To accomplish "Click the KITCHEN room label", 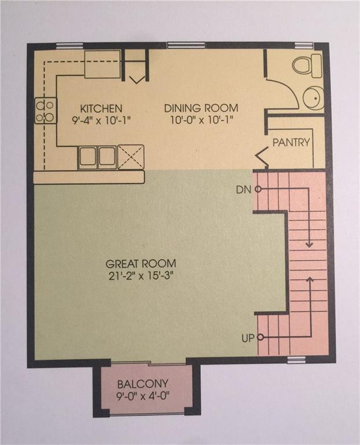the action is point(101,108).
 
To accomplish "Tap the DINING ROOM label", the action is point(201,108).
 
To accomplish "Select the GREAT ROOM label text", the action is point(141,264).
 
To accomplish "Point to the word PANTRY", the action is point(291,142).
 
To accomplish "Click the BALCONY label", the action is point(143,384).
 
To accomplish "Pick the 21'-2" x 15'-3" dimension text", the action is point(141,276).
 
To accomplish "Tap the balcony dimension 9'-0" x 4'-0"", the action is point(143,396).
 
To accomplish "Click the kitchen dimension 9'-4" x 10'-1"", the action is point(101,121).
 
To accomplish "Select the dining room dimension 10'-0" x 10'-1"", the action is point(201,121).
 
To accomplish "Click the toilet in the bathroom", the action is point(307,66).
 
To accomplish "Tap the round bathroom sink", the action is point(314,98).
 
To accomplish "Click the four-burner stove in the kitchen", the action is point(46,111).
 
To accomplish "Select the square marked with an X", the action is point(131,157).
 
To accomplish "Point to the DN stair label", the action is point(244,189).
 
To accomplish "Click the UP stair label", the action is point(248,338).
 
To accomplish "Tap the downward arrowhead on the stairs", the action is point(309,244).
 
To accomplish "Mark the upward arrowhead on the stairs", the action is point(310,279).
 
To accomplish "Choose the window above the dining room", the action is point(186,45).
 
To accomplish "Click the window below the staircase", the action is point(296,360).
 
